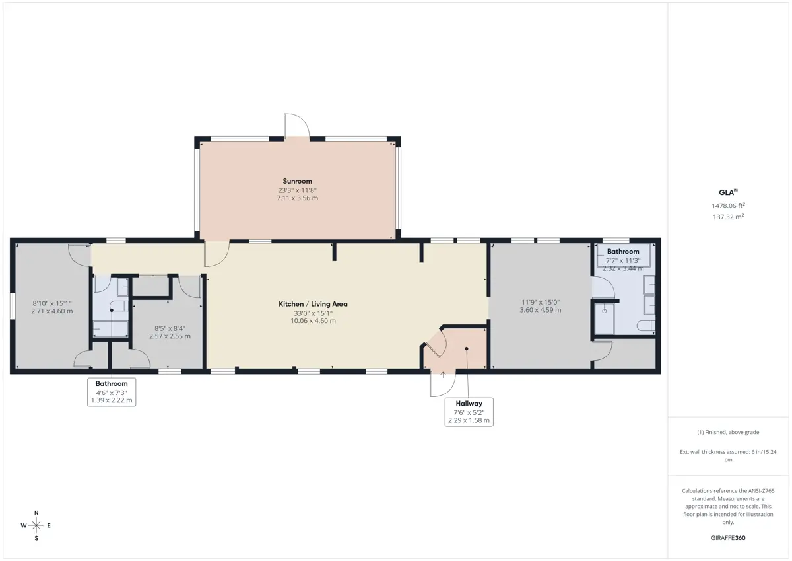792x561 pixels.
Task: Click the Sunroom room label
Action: (x=297, y=181)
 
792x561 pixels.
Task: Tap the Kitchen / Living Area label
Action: (x=313, y=304)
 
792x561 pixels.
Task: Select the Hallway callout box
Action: (x=469, y=412)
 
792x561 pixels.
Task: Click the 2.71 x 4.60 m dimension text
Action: (x=52, y=311)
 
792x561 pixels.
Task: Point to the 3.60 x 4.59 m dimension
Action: (x=541, y=310)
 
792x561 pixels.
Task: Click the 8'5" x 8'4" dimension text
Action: (x=170, y=328)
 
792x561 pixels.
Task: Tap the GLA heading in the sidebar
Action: (x=728, y=192)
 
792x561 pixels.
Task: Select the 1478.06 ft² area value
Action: (x=728, y=206)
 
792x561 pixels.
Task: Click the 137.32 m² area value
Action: (x=728, y=217)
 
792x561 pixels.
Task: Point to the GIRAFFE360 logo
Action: (x=728, y=538)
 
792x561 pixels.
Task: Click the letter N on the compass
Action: (x=36, y=513)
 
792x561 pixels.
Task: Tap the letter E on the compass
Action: (x=49, y=525)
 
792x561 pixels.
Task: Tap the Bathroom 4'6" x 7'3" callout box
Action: (x=112, y=392)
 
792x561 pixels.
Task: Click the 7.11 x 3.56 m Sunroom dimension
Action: (x=298, y=198)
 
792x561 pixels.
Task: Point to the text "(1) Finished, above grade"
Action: (x=728, y=432)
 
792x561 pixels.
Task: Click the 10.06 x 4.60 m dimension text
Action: (x=313, y=321)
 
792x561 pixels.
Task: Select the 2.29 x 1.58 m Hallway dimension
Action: (x=469, y=420)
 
